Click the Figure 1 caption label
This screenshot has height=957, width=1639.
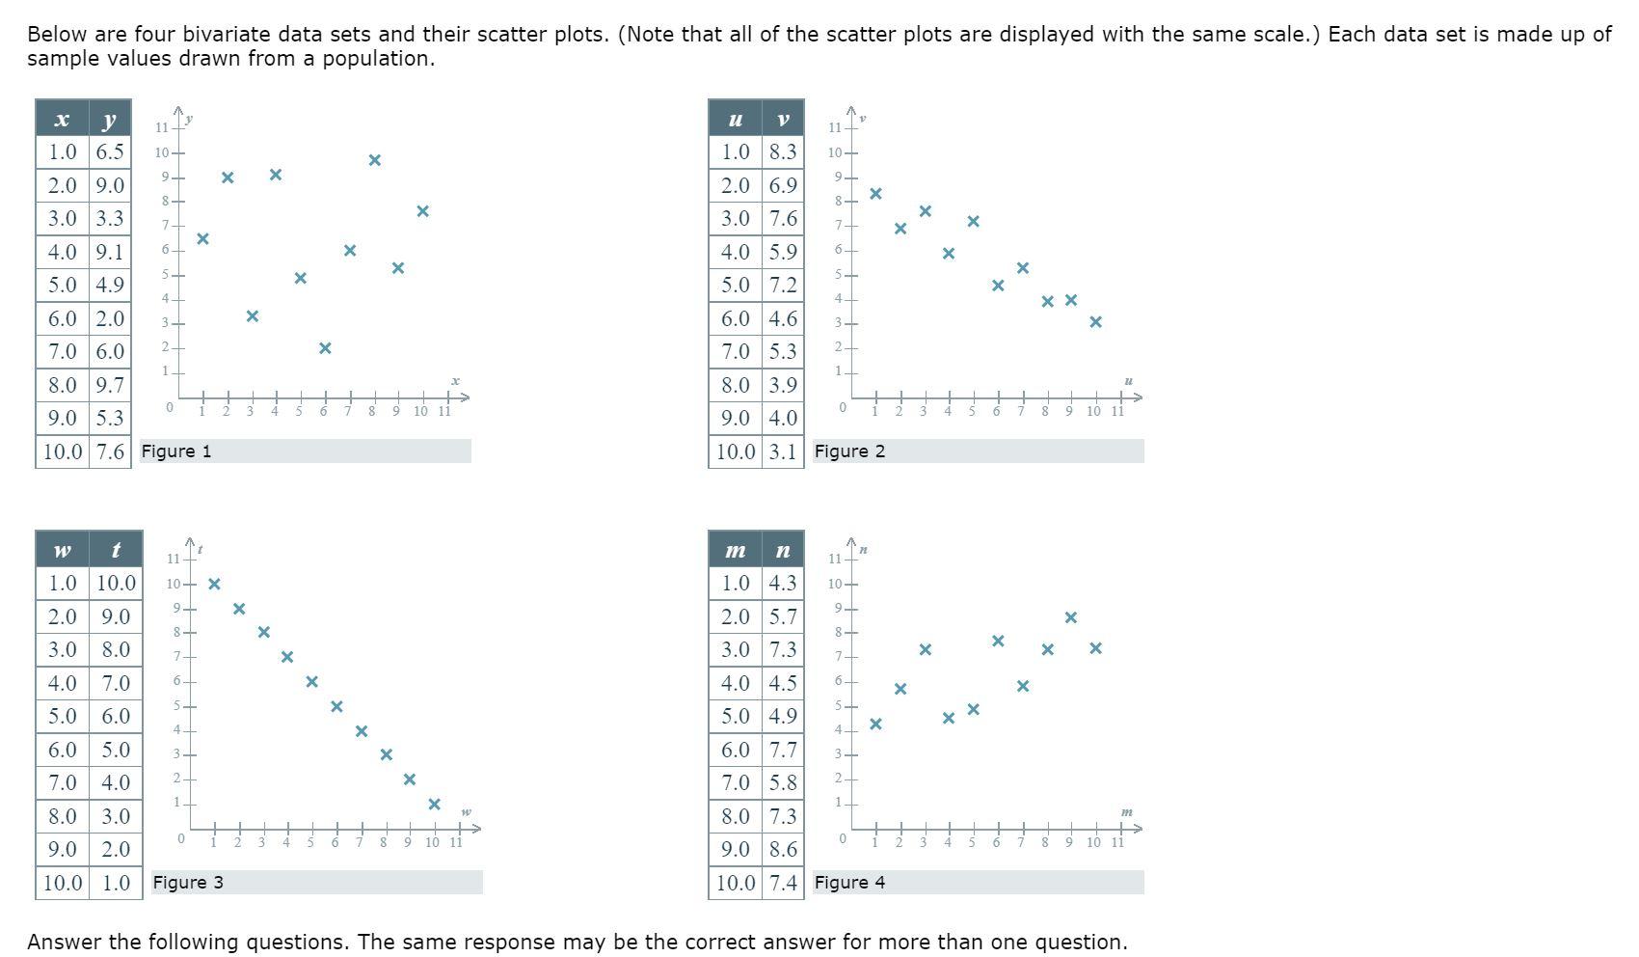pos(176,451)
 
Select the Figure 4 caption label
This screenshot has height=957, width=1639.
pos(849,883)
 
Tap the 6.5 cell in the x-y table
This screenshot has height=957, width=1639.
pos(110,151)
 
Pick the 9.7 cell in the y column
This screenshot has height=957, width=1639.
pos(110,385)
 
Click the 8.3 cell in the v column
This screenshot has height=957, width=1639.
pos(783,151)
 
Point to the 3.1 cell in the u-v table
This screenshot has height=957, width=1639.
pos(783,451)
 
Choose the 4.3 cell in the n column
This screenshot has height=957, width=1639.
pos(783,583)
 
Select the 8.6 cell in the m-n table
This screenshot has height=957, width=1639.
pos(783,849)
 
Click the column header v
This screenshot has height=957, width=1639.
pos(783,119)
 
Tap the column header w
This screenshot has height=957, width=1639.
pos(62,550)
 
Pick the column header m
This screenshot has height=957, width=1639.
pos(735,550)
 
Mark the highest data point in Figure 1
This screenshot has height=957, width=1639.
pos(375,160)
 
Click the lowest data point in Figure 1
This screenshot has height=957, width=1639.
pos(325,348)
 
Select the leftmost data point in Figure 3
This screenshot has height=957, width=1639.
pos(214,584)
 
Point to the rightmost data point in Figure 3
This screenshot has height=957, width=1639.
pos(434,805)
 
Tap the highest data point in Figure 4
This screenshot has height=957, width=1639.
pos(1071,617)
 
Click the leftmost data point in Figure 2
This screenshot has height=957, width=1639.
pos(875,194)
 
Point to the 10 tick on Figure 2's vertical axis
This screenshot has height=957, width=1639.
pos(835,152)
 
